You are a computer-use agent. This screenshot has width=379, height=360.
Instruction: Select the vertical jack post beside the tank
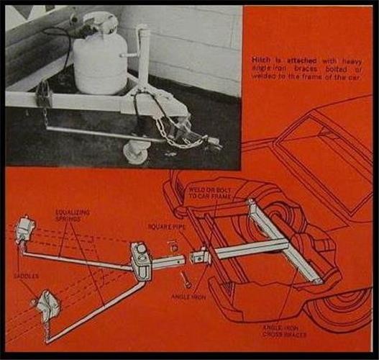[x=143, y=58]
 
